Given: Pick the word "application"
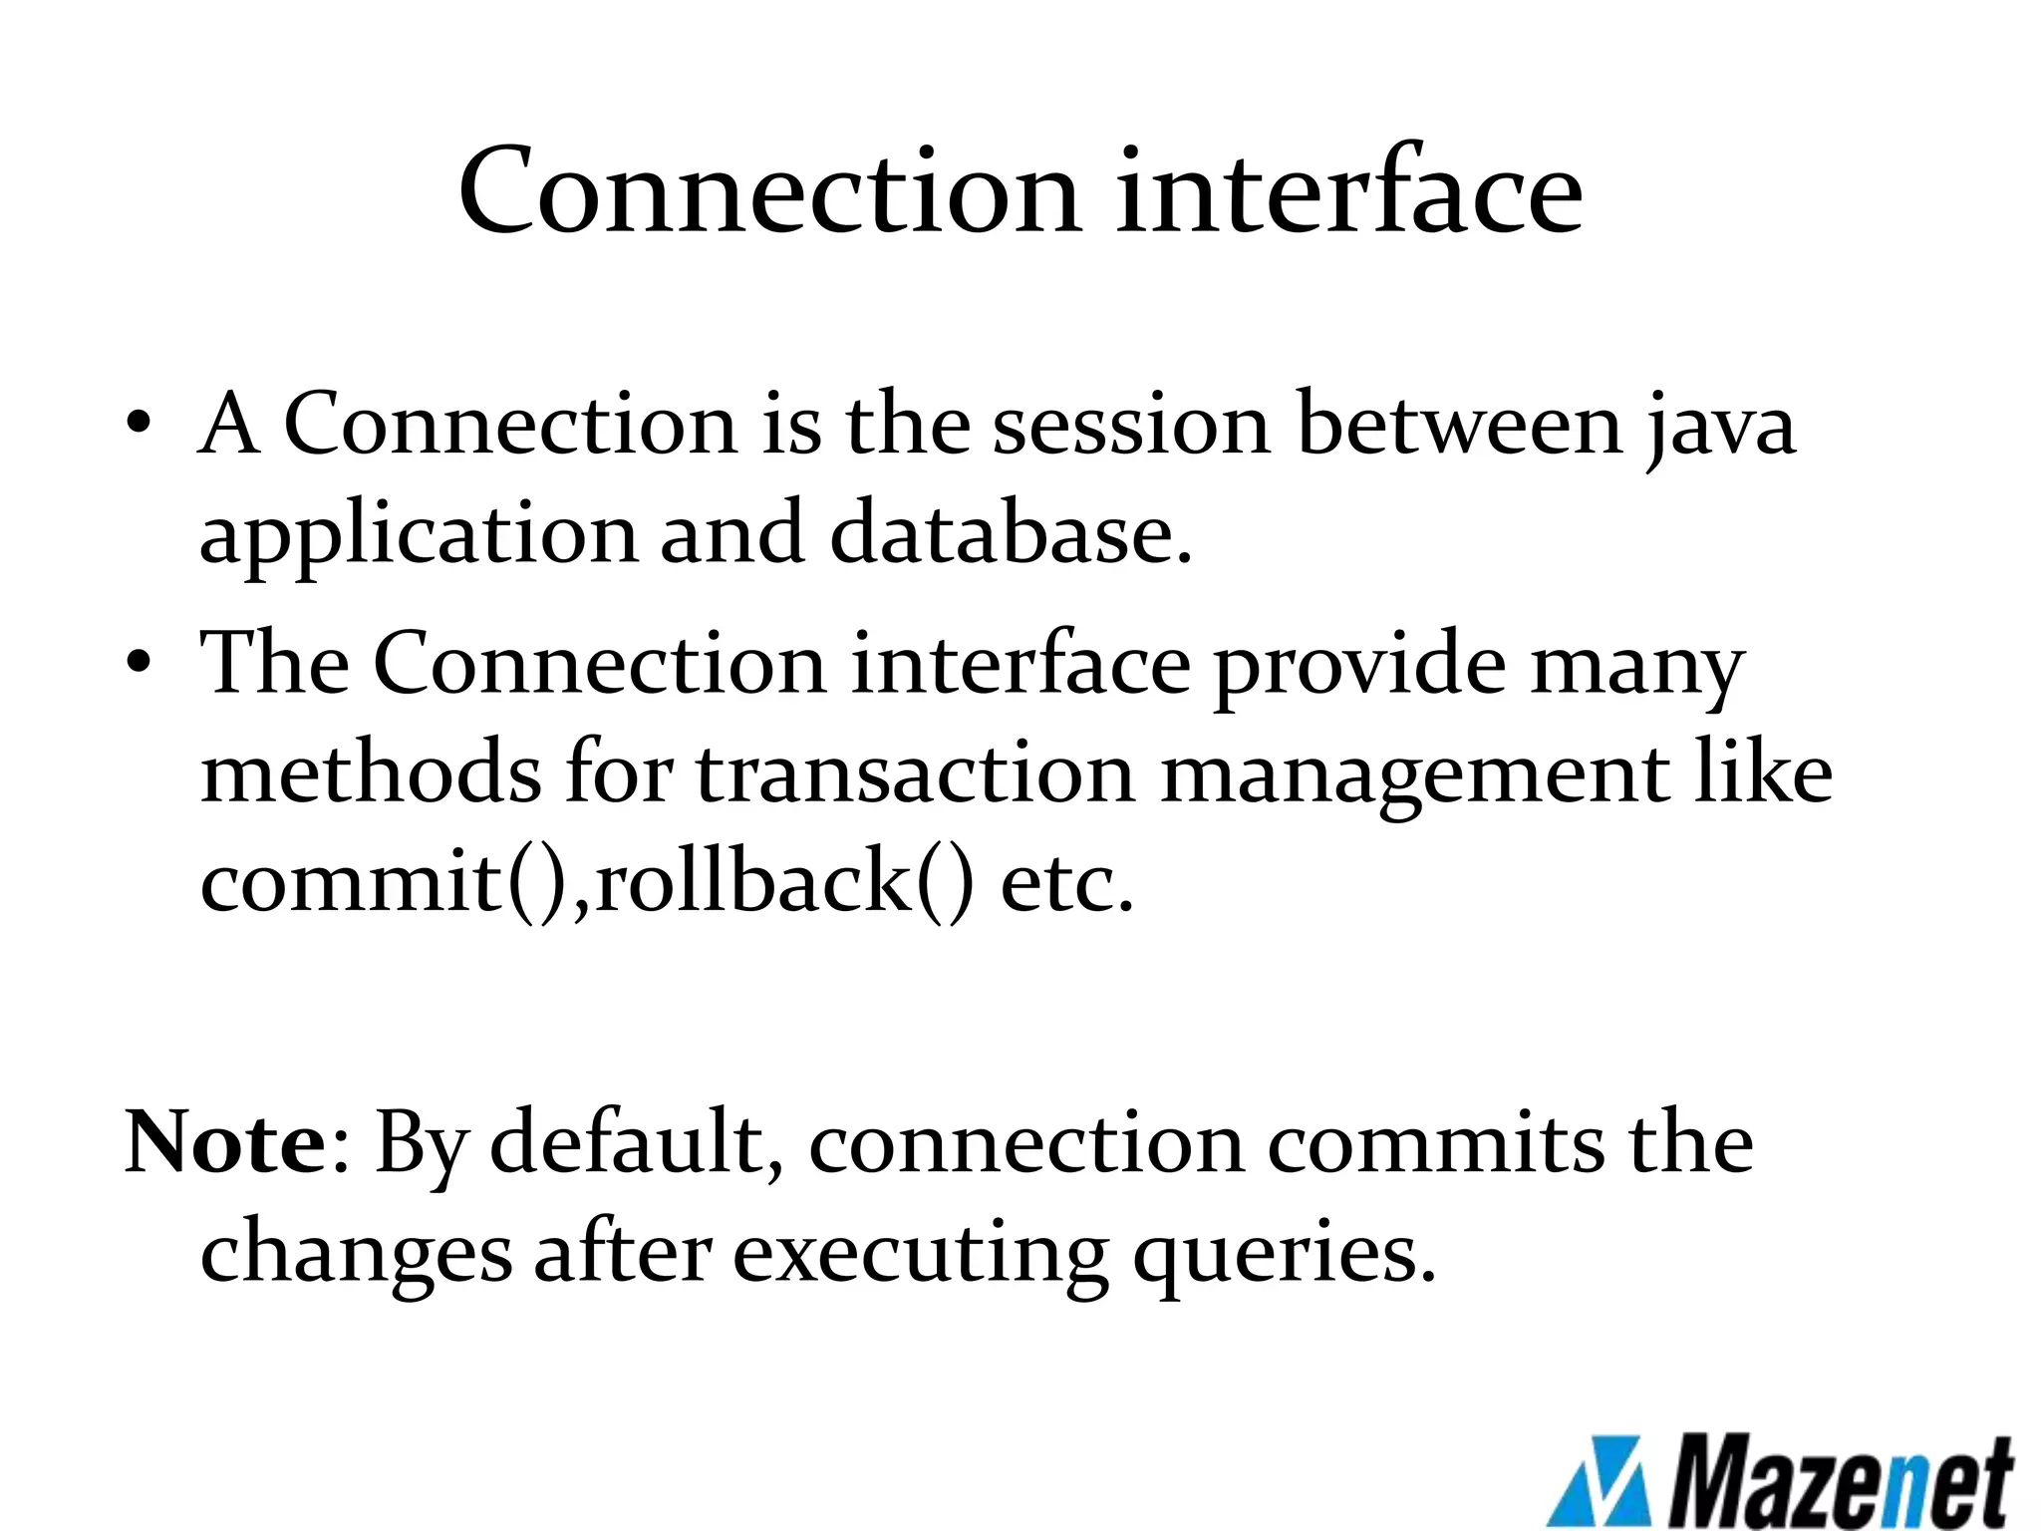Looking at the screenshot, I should [418, 535].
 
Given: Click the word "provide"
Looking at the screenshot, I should [1359, 666].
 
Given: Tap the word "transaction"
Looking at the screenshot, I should [916, 774].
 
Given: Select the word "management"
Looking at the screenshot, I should [1414, 776].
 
